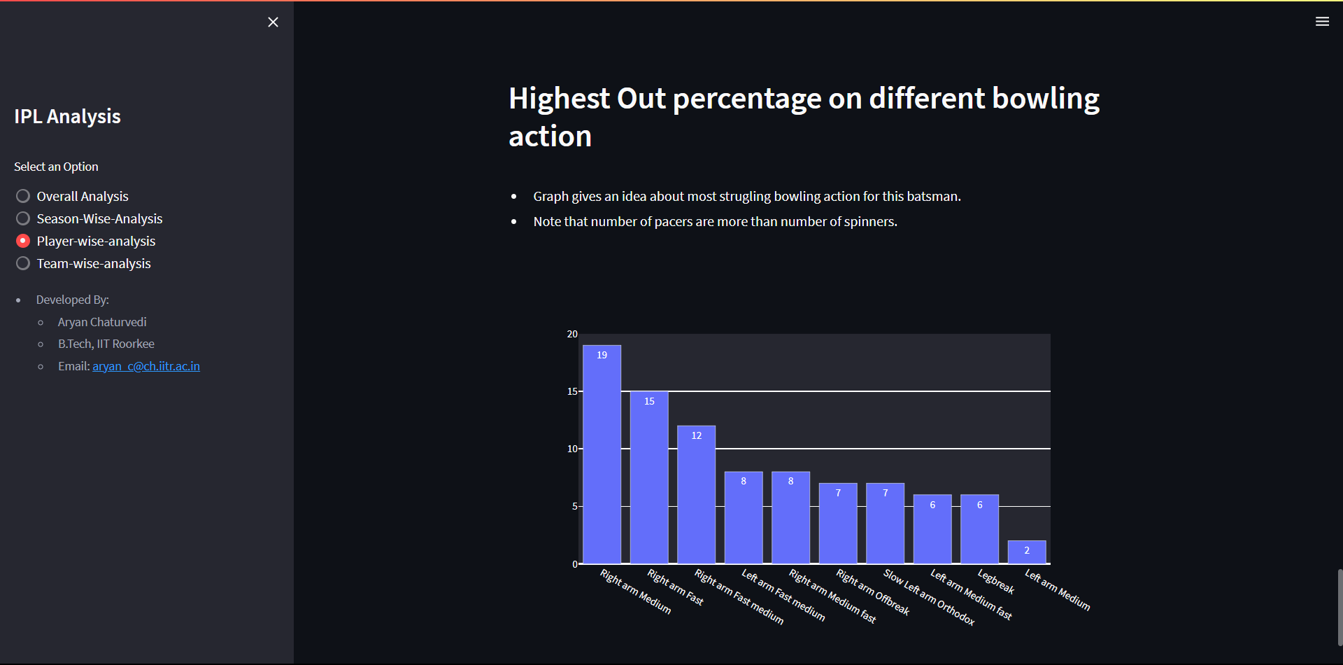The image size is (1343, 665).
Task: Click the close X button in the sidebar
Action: coord(273,22)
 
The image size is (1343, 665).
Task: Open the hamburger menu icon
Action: coord(1322,22)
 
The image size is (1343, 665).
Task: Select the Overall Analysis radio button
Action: coord(23,196)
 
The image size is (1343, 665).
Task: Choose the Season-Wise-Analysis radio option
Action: coord(23,218)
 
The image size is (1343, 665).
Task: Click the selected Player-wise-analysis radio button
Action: coord(23,241)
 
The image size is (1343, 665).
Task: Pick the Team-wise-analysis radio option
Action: coord(23,263)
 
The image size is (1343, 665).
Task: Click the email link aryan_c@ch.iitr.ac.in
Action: coord(146,366)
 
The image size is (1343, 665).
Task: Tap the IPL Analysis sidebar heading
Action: coord(67,116)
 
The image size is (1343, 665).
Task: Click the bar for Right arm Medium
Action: coord(602,454)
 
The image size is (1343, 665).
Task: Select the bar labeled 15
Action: coord(649,477)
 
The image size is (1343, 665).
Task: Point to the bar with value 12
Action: coord(696,495)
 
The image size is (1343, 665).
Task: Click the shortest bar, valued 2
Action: coord(1027,552)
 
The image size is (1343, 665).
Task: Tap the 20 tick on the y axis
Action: coord(572,334)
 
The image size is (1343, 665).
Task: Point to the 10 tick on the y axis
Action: coord(572,449)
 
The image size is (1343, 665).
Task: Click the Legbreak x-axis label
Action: coord(996,582)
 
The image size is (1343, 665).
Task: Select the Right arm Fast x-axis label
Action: coord(675,587)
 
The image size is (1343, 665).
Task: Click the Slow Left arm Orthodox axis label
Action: coord(929,597)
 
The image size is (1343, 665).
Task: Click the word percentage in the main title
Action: coord(747,99)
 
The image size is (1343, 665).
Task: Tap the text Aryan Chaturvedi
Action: coord(102,322)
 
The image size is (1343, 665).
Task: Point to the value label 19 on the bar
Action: coord(602,355)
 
